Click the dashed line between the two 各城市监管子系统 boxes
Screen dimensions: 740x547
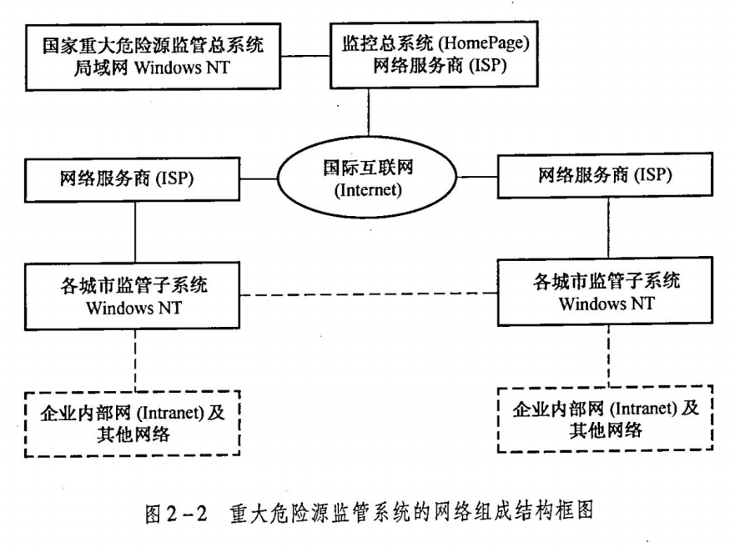[x=369, y=294]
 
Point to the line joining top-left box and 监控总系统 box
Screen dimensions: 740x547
[x=306, y=56]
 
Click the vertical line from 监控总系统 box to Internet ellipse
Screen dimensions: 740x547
[x=369, y=113]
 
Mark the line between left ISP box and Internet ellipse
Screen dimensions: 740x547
[x=259, y=179]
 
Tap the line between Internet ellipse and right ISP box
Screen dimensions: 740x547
[x=477, y=178]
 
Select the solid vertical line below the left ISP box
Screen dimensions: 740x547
[x=135, y=233]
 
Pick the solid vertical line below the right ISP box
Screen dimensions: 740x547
[x=608, y=228]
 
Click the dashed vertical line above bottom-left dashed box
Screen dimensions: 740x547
[x=135, y=360]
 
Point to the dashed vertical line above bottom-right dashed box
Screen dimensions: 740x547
[x=608, y=356]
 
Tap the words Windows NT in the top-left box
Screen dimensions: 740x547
[x=182, y=68]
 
